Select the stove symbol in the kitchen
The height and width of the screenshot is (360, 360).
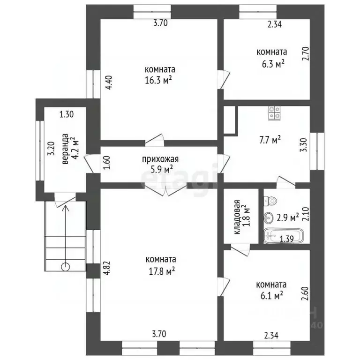point(275,112)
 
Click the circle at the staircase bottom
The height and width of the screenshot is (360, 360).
point(65,267)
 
